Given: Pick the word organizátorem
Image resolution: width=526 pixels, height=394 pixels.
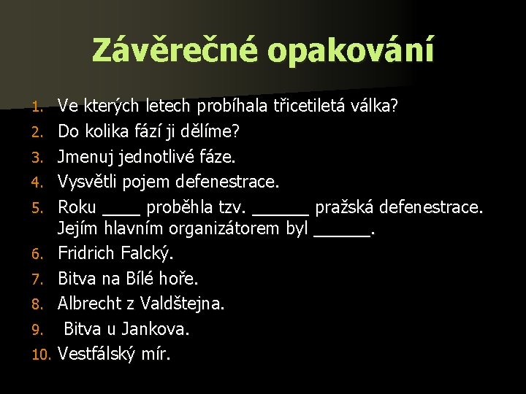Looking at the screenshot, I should coord(224,231).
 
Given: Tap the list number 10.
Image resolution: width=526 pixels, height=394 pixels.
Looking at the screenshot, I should coord(40,355).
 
